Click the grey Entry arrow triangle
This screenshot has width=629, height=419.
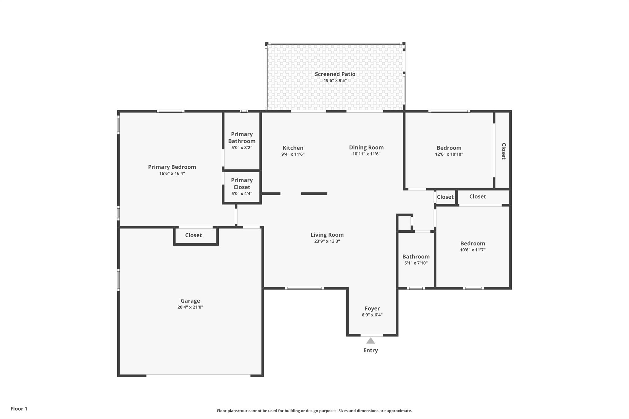pyautogui.click(x=370, y=341)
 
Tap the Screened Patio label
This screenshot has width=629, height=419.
pyautogui.click(x=335, y=74)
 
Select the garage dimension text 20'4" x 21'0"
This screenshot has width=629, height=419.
pyautogui.click(x=190, y=307)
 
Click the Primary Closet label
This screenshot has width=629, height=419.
pyautogui.click(x=242, y=184)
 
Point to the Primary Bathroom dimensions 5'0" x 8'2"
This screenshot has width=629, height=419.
pyautogui.click(x=242, y=148)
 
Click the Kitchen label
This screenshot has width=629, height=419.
pyautogui.click(x=293, y=148)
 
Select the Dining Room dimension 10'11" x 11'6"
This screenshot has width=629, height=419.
pyautogui.click(x=366, y=154)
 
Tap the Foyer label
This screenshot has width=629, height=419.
pyautogui.click(x=372, y=308)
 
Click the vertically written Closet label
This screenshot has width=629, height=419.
pyautogui.click(x=503, y=151)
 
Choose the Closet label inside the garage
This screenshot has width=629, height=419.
pyautogui.click(x=193, y=235)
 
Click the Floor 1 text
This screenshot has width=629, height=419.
pyautogui.click(x=19, y=409)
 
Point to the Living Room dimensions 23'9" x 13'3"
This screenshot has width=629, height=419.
pyautogui.click(x=327, y=241)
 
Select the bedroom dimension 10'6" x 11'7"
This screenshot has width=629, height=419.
pyautogui.click(x=472, y=250)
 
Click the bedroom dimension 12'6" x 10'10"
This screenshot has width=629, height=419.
pyautogui.click(x=449, y=154)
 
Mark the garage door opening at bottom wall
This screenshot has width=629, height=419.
pyautogui.click(x=198, y=376)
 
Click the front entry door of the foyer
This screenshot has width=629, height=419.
pyautogui.click(x=371, y=335)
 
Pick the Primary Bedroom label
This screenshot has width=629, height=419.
pyautogui.click(x=172, y=167)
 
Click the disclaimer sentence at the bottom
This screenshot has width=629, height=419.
pyautogui.click(x=314, y=411)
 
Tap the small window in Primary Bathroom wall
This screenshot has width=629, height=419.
pyautogui.click(x=244, y=111)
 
